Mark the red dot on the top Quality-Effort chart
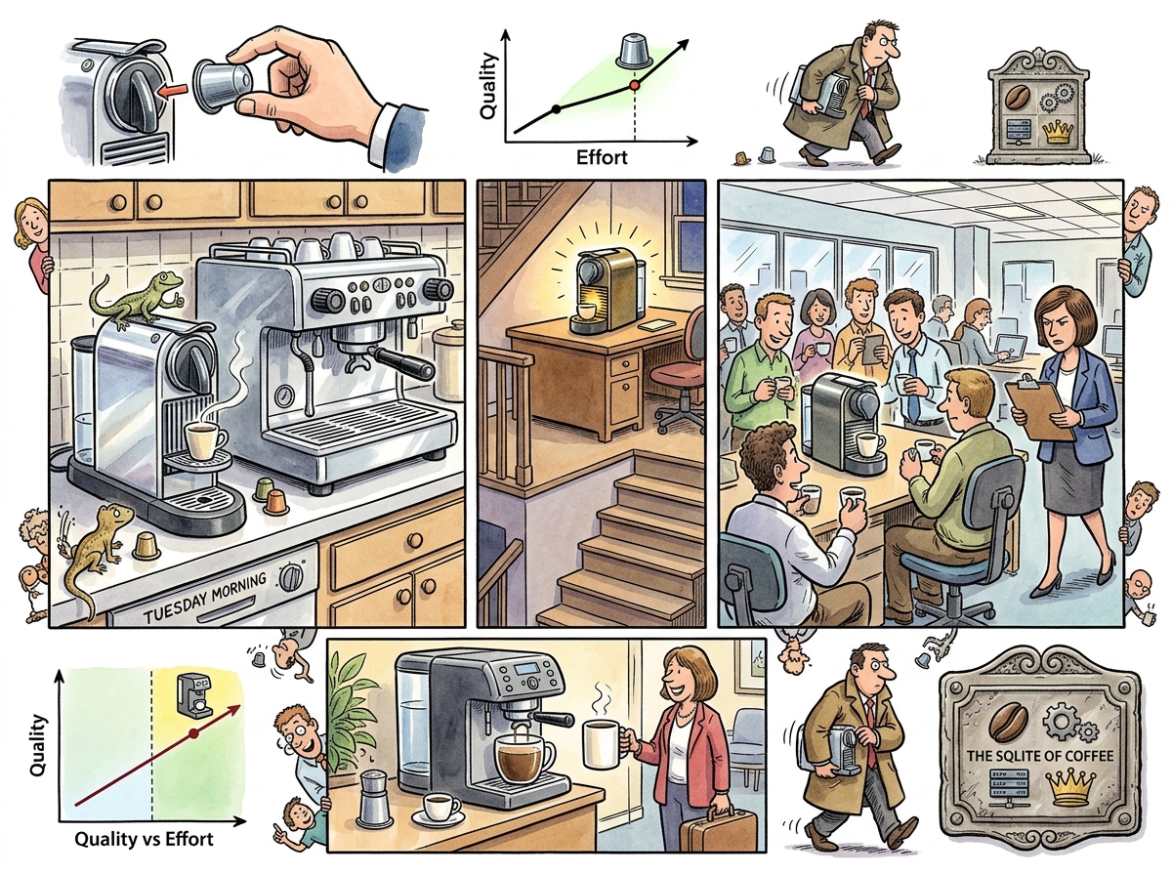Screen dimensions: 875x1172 tap(634, 86)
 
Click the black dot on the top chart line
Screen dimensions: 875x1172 tap(556, 108)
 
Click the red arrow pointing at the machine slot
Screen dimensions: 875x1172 tap(175, 91)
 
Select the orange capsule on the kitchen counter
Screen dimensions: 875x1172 tap(276, 502)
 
